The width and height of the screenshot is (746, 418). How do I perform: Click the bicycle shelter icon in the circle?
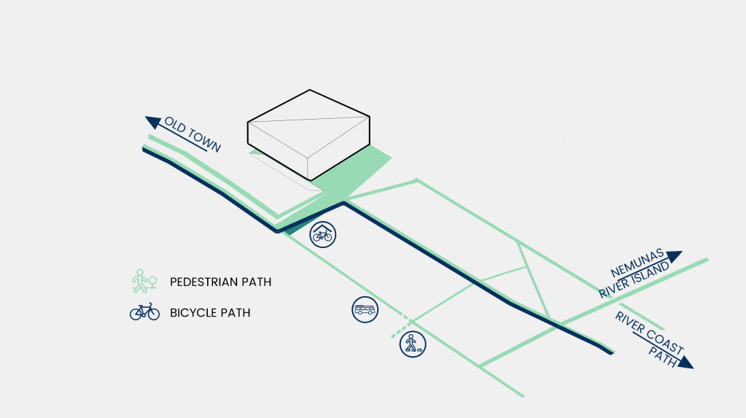coord(322,234)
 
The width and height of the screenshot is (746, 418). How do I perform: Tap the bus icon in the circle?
coord(365,309)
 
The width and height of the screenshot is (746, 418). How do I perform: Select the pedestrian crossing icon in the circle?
coord(412,344)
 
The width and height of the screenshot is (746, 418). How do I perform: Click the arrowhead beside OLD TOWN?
coord(153,122)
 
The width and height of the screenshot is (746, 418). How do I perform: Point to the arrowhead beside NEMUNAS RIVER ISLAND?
coord(674,256)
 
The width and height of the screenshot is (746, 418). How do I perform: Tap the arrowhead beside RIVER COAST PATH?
coord(685,362)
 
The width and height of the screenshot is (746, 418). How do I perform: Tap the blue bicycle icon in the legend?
coord(144,311)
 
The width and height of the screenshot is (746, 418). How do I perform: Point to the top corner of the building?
coord(310,90)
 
